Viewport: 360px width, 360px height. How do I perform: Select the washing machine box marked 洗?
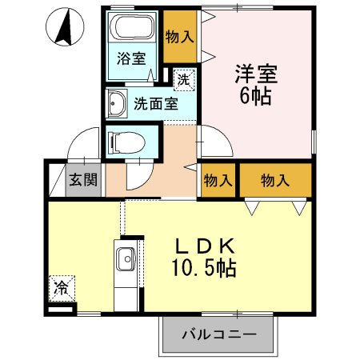[184, 78]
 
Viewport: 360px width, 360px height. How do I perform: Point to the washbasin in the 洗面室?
[117, 103]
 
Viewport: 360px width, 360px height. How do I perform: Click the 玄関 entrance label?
[83, 181]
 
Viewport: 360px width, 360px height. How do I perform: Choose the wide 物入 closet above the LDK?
[274, 181]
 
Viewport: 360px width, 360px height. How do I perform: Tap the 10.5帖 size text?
[205, 268]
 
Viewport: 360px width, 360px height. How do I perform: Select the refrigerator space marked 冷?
[62, 285]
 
